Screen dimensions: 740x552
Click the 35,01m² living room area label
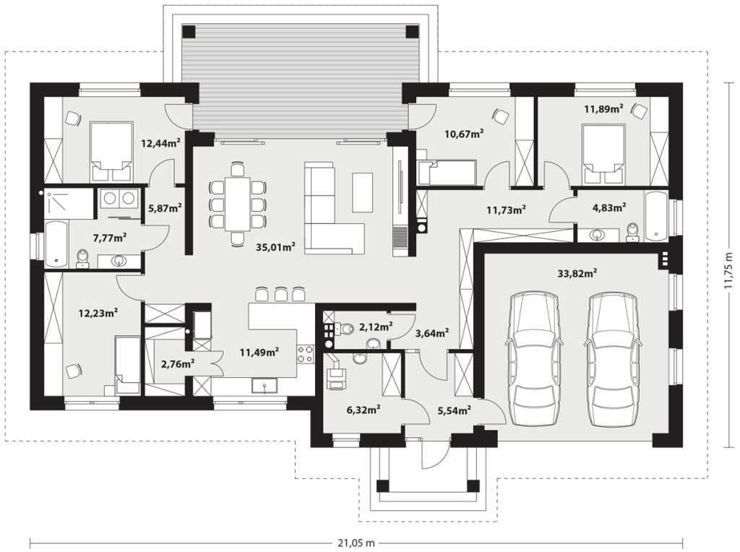point(275,246)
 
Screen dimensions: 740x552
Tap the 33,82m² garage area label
point(577,272)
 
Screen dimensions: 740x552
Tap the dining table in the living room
point(237,204)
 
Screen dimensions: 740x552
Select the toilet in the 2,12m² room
point(345,328)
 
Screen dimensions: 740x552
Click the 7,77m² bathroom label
point(110,238)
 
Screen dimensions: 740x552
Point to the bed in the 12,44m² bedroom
point(111,151)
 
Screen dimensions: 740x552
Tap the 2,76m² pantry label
point(178,363)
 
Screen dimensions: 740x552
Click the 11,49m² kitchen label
point(259,351)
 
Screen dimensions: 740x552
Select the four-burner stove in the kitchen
point(306,354)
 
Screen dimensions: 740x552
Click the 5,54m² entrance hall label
point(455,410)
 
